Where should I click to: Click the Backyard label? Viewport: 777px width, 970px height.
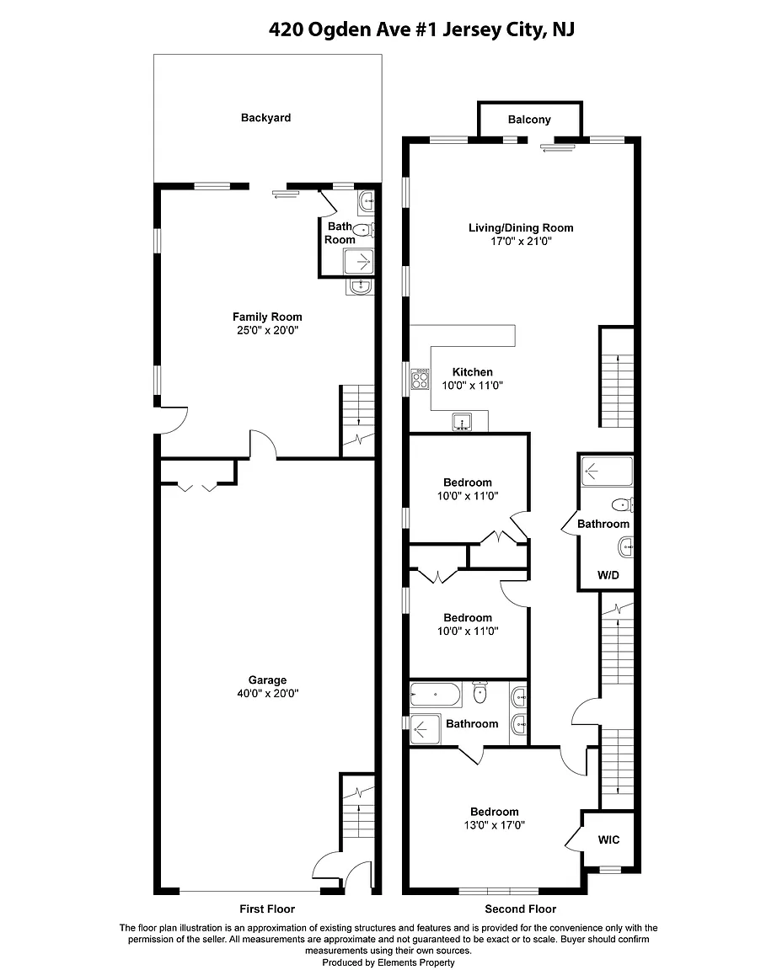pyautogui.click(x=265, y=118)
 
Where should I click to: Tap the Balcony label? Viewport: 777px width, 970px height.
pyautogui.click(x=529, y=120)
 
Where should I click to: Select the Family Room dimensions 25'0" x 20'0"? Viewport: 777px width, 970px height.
pyautogui.click(x=267, y=330)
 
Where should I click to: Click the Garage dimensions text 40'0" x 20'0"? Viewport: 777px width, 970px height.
pyautogui.click(x=267, y=694)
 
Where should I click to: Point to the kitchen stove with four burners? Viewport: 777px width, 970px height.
pyautogui.click(x=421, y=379)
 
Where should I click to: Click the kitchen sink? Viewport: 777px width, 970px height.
pyautogui.click(x=461, y=422)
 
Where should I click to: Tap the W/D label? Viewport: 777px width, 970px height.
pyautogui.click(x=608, y=575)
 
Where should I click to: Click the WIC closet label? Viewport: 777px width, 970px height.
pyautogui.click(x=608, y=839)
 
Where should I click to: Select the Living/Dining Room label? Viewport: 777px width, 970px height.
pyautogui.click(x=521, y=227)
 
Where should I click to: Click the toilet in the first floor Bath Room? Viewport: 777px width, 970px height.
pyautogui.click(x=363, y=231)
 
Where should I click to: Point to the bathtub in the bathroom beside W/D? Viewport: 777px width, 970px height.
pyautogui.click(x=607, y=472)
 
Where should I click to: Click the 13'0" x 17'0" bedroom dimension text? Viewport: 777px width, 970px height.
pyautogui.click(x=494, y=825)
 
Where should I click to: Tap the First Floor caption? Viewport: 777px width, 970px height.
pyautogui.click(x=267, y=909)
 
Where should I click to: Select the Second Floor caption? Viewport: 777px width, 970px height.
pyautogui.click(x=521, y=909)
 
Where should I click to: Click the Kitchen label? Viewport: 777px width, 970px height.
pyautogui.click(x=473, y=372)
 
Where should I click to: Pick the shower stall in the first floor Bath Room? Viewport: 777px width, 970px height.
pyautogui.click(x=359, y=261)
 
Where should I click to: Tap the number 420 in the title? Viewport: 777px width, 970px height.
pyautogui.click(x=286, y=29)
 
